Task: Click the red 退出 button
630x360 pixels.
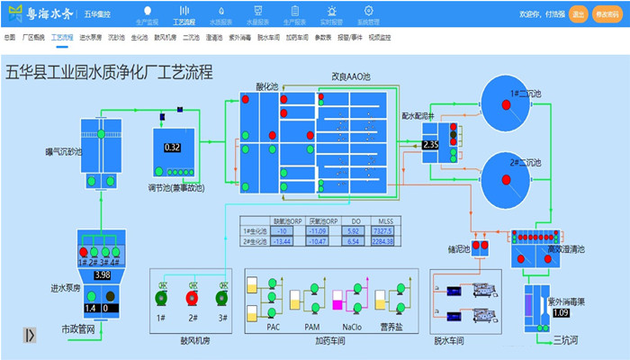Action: (x=579, y=14)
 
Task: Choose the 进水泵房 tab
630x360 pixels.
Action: (x=90, y=39)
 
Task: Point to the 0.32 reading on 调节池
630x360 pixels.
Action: (x=173, y=147)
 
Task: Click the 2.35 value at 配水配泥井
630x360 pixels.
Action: (x=430, y=144)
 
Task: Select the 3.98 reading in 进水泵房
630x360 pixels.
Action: (x=102, y=274)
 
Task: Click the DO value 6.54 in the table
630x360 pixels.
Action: (x=354, y=241)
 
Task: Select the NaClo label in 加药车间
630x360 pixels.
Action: (x=353, y=327)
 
